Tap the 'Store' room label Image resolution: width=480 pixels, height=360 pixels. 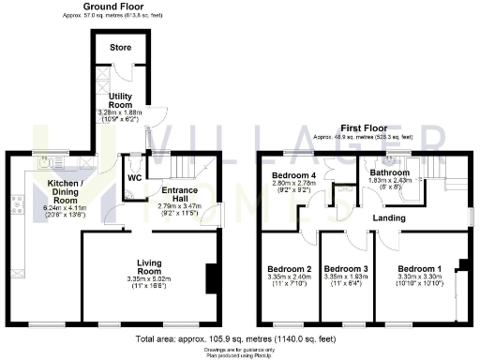119,46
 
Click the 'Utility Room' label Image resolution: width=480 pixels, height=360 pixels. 122,100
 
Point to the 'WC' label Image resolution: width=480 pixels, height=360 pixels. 134,176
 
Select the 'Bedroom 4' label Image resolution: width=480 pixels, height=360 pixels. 289,175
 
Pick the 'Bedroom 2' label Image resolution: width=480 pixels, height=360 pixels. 289,266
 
